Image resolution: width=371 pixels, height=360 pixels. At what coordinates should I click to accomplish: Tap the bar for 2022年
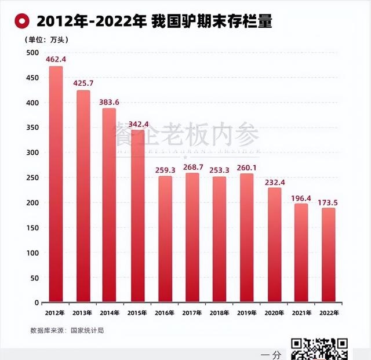point(328,255)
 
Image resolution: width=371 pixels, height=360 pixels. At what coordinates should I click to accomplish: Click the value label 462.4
point(56,59)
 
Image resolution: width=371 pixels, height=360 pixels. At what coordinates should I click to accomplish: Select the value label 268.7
point(192,167)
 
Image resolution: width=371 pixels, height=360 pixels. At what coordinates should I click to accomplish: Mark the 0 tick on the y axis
point(36,303)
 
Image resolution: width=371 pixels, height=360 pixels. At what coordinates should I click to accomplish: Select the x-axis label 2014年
point(111,313)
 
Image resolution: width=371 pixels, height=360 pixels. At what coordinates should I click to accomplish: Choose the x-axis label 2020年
point(274,313)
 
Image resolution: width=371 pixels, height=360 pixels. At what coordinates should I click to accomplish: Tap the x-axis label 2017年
point(192,313)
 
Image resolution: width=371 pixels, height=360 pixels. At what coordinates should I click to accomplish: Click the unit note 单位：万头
point(45,40)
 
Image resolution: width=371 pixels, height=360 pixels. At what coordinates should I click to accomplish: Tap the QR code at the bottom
point(319,349)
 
